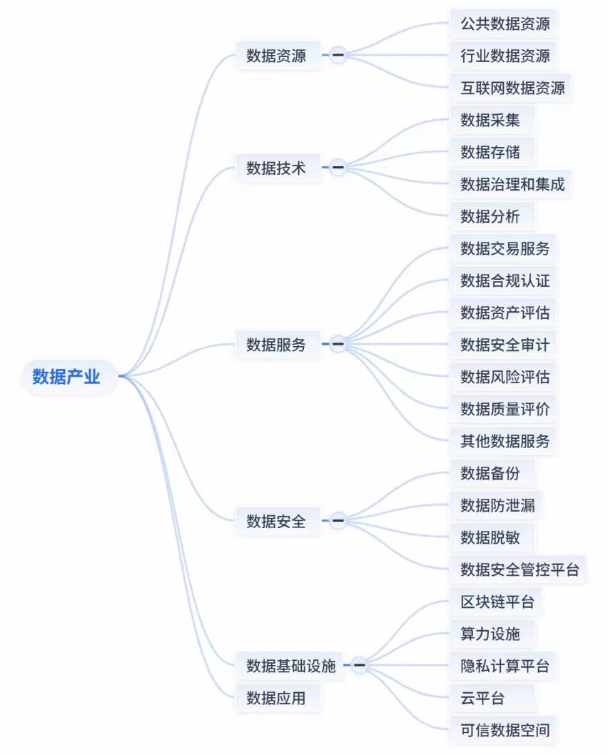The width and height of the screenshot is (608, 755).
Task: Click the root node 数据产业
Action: coord(66,377)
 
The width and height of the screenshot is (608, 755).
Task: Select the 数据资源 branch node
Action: coord(276,56)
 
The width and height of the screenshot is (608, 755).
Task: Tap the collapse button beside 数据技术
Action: coord(338,168)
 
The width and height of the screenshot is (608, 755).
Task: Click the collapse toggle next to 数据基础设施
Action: coord(360,666)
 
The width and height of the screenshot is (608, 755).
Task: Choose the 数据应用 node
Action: coord(276,698)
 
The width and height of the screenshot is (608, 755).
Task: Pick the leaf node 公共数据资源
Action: coord(505,24)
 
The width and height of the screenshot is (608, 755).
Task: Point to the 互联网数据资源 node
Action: coord(512,88)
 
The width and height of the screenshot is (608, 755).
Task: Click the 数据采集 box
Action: coord(490,120)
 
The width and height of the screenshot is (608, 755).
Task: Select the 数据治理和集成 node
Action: coord(512,184)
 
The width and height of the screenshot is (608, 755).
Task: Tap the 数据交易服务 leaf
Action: coord(505,248)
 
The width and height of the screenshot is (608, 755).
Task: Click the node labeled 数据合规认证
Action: coord(505,280)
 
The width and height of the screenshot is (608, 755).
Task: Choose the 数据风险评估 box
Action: coord(505,377)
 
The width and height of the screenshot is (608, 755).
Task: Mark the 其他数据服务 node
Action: coord(505,441)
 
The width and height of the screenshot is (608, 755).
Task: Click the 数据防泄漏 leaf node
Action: coord(497,505)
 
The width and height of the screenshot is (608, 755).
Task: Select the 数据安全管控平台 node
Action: coord(520,569)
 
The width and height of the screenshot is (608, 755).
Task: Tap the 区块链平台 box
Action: coord(497,602)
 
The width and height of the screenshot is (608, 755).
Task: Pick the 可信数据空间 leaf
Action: coord(505,730)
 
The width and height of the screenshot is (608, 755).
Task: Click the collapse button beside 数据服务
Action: coord(338,345)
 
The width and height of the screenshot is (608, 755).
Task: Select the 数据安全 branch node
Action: coord(276,521)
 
